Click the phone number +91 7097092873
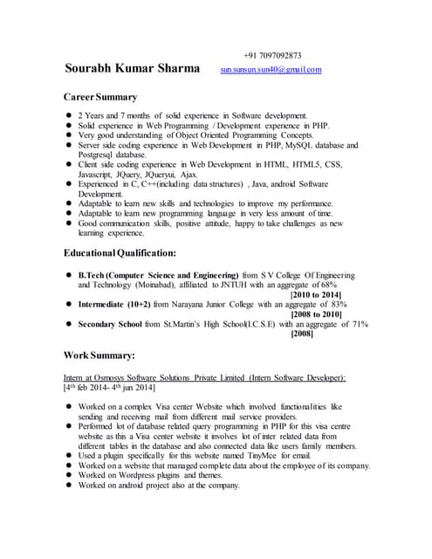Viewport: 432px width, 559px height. (272, 55)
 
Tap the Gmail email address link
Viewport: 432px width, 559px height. (271, 69)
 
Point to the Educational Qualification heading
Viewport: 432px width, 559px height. (120, 253)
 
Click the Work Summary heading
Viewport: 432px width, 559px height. (99, 355)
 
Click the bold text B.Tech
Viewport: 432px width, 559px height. (92, 275)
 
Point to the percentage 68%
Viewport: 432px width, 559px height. (328, 285)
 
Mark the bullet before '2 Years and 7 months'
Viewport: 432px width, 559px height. (69, 116)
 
